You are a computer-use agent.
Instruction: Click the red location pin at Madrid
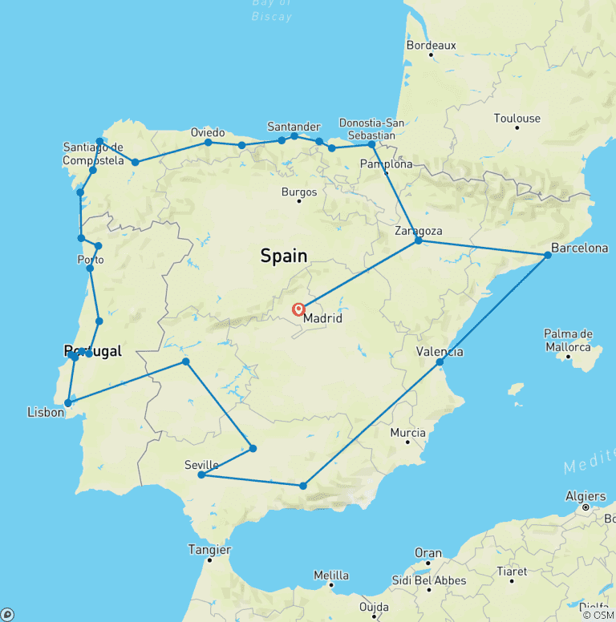pyautogui.click(x=298, y=309)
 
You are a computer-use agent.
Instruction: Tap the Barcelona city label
pyautogui.click(x=580, y=248)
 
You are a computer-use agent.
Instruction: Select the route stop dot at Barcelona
pyautogui.click(x=548, y=255)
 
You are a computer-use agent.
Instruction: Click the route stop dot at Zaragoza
pyautogui.click(x=419, y=240)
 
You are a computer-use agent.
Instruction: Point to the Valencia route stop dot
pyautogui.click(x=440, y=362)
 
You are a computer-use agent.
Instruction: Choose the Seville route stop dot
pyautogui.click(x=201, y=475)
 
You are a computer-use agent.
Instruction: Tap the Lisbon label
pyautogui.click(x=44, y=412)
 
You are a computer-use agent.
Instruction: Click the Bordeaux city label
pyautogui.click(x=431, y=46)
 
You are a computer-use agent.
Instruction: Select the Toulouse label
pyautogui.click(x=517, y=119)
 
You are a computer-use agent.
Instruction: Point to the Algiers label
pyautogui.click(x=586, y=496)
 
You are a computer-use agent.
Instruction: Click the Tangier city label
pyautogui.click(x=210, y=550)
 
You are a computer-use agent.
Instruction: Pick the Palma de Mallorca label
pyautogui.click(x=568, y=340)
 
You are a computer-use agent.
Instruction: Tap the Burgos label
pyautogui.click(x=299, y=192)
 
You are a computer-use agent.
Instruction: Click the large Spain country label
pyautogui.click(x=284, y=256)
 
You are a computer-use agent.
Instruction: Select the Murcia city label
pyautogui.click(x=407, y=433)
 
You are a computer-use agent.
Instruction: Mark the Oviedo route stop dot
pyautogui.click(x=209, y=143)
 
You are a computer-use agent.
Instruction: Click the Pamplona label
pyautogui.click(x=387, y=164)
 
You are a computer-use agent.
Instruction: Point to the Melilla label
pyautogui.click(x=331, y=576)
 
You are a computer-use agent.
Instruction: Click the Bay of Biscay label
pyautogui.click(x=272, y=10)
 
